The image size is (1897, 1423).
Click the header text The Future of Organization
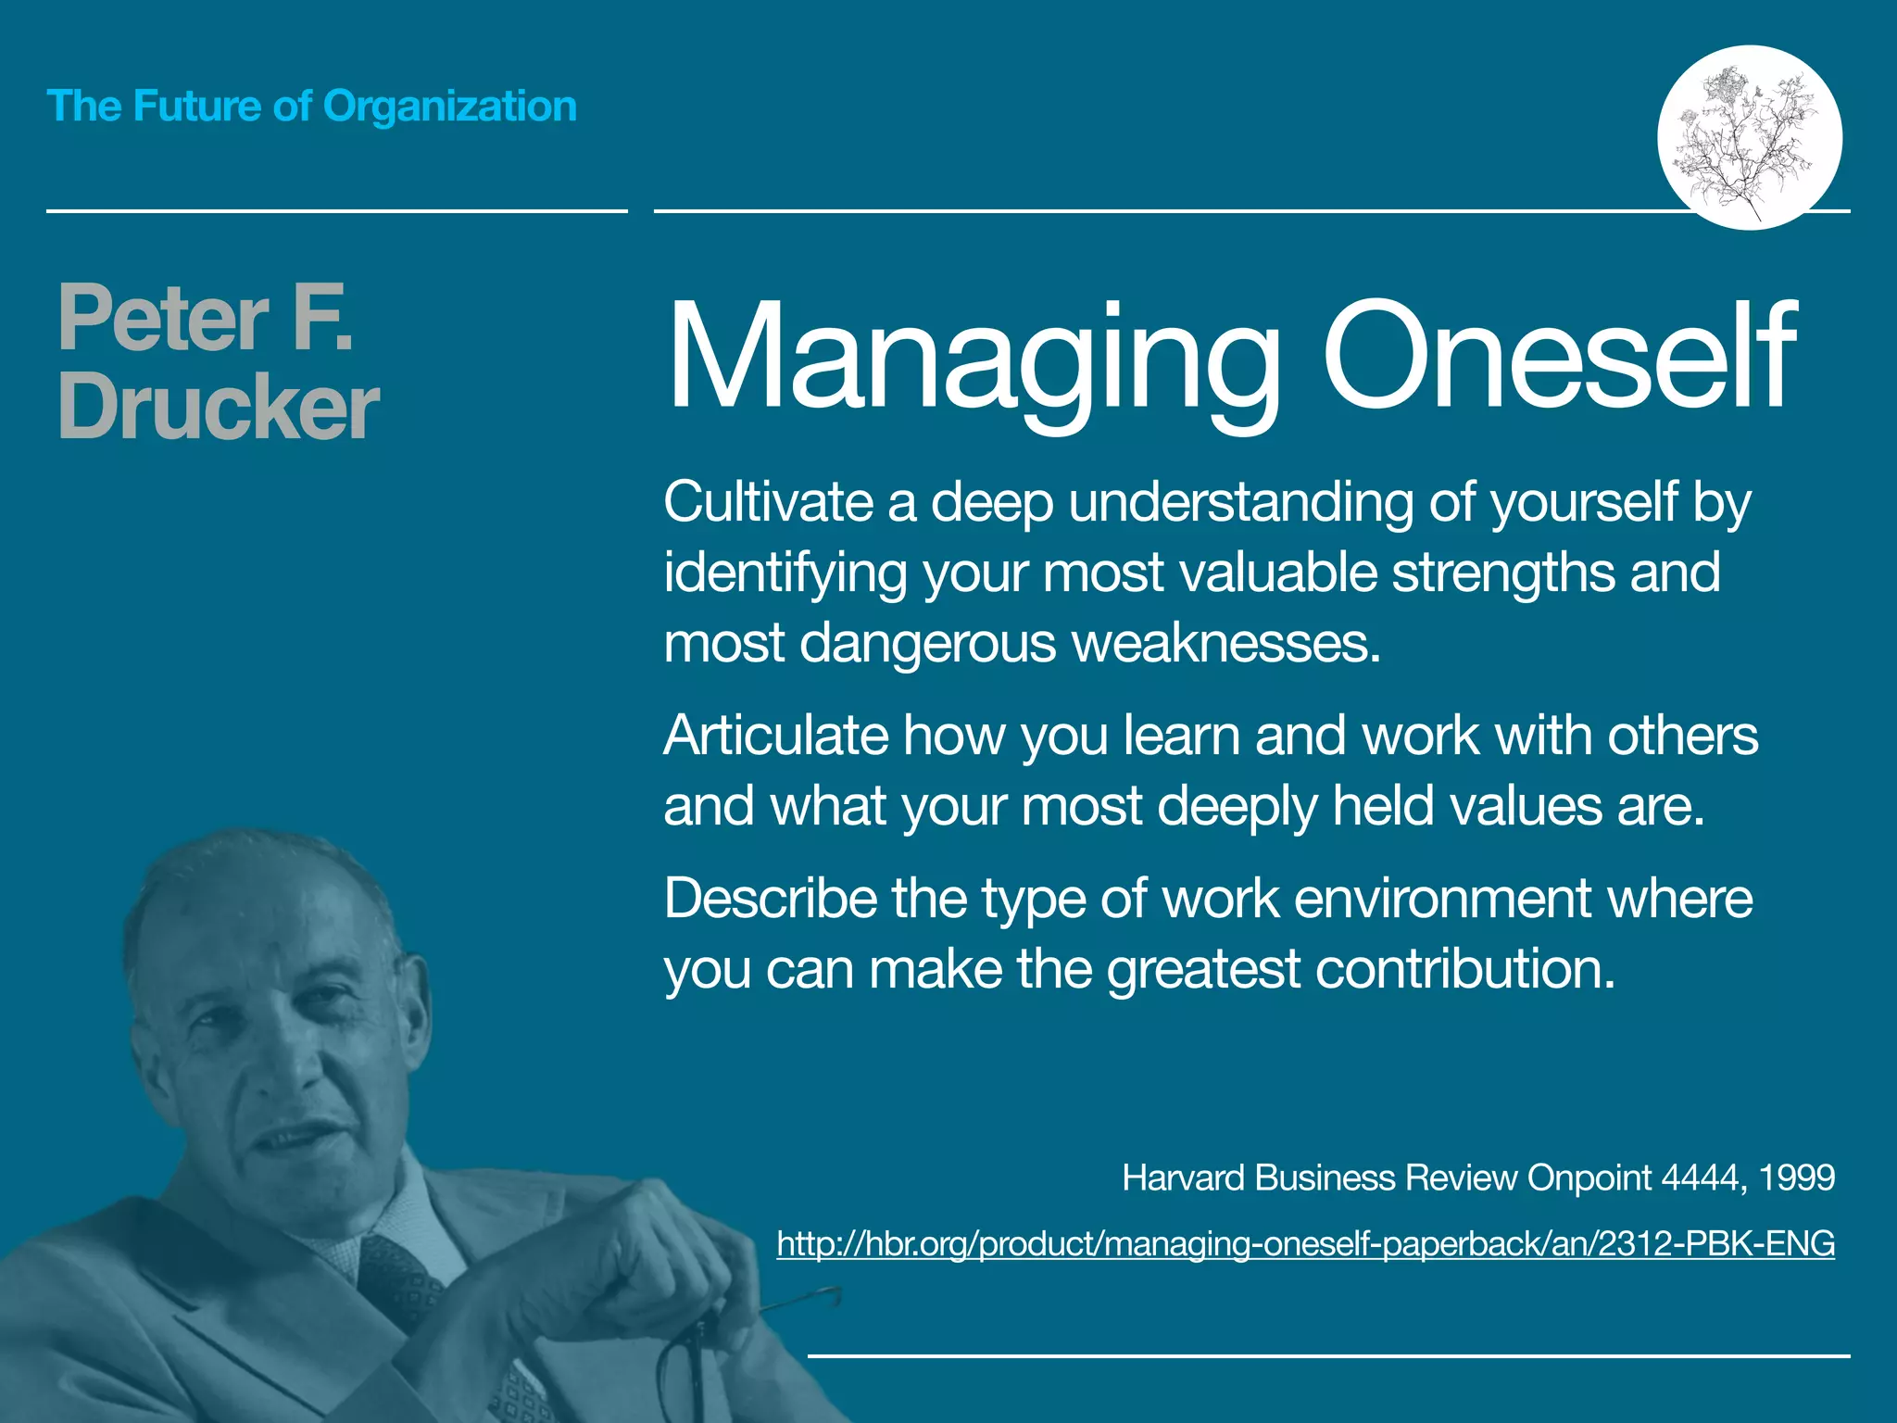pyautogui.click(x=311, y=107)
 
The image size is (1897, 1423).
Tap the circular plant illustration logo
pyautogui.click(x=1749, y=137)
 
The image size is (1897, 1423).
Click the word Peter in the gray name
pyautogui.click(x=163, y=319)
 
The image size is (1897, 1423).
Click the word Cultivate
pyautogui.click(x=768, y=502)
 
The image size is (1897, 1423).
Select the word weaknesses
pyautogui.click(x=1225, y=642)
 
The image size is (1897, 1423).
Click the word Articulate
pyautogui.click(x=775, y=736)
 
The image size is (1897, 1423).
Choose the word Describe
pyautogui.click(x=770, y=898)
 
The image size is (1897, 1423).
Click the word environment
pyautogui.click(x=1441, y=898)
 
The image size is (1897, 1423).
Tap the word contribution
pyautogui.click(x=1464, y=969)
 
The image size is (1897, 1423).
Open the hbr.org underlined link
pyautogui.click(x=1305, y=1243)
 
